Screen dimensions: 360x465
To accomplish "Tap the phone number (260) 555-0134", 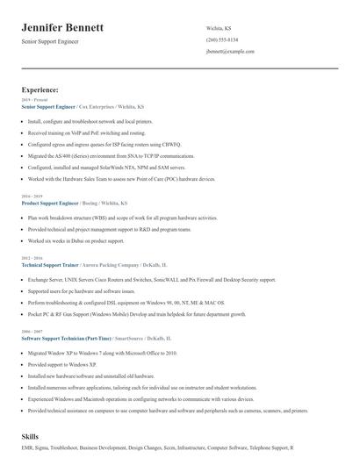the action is [221, 39].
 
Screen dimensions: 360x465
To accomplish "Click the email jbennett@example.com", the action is [230, 52].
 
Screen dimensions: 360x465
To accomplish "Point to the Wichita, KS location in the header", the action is [219, 28].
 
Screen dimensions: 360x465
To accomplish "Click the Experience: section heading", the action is [40, 89].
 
